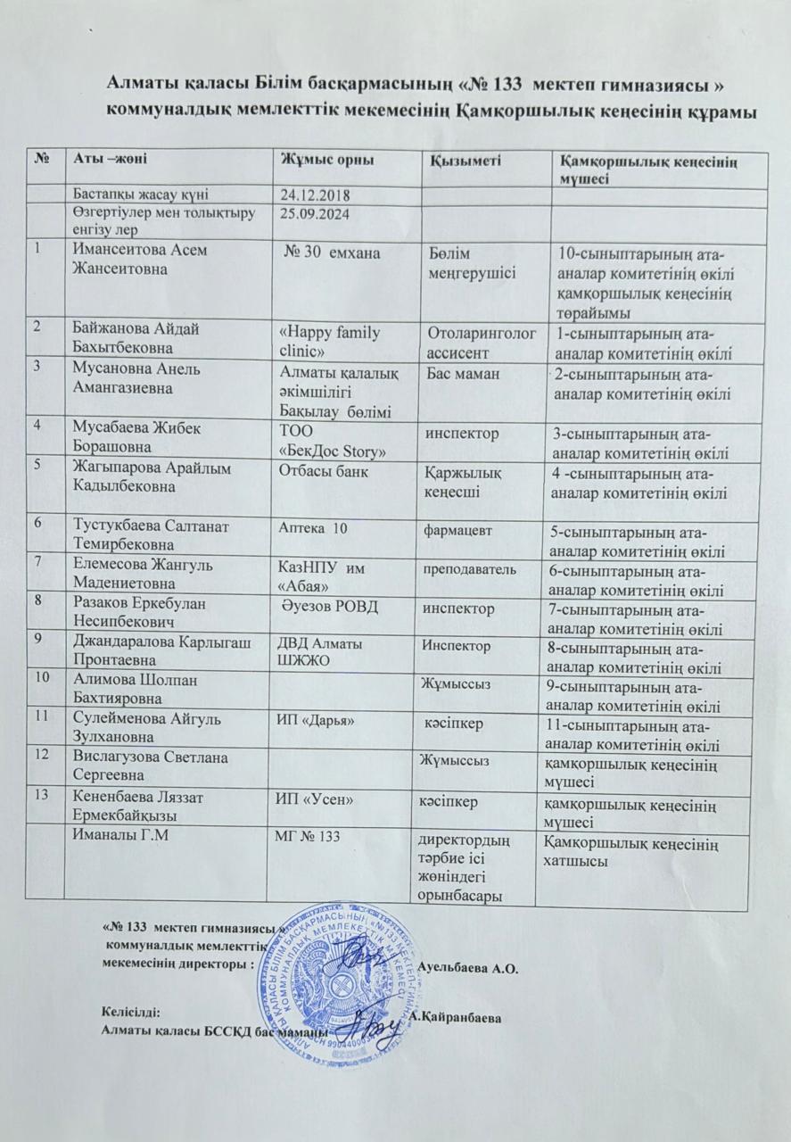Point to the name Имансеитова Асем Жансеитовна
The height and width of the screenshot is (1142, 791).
[x=139, y=259]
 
